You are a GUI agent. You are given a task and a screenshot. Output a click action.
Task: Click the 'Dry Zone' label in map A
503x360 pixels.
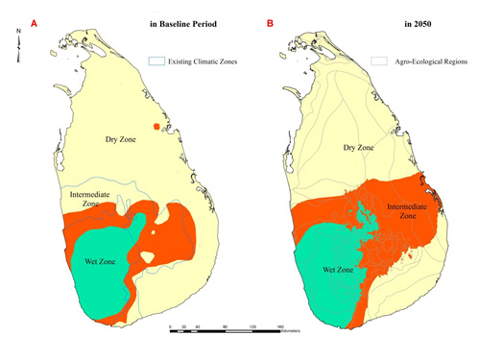coord(123,141)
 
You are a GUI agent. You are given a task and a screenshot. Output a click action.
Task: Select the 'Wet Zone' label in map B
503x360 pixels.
coord(327,272)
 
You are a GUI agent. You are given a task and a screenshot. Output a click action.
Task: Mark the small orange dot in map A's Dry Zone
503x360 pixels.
coord(156,128)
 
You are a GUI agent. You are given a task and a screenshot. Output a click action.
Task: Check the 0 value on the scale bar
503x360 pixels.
coord(171,327)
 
